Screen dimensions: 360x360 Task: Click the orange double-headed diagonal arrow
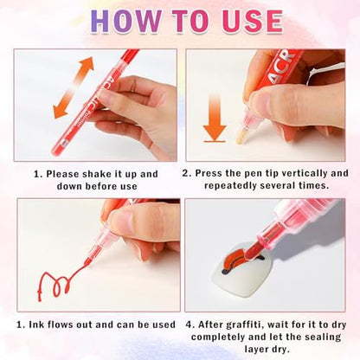tap(74, 87)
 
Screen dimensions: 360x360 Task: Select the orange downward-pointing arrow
tap(215, 118)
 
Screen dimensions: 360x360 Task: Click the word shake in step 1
tap(95, 174)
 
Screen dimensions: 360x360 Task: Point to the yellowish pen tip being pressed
tap(241, 137)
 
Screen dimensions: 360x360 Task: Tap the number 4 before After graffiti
tap(189, 325)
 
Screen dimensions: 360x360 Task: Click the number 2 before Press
tap(184, 173)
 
